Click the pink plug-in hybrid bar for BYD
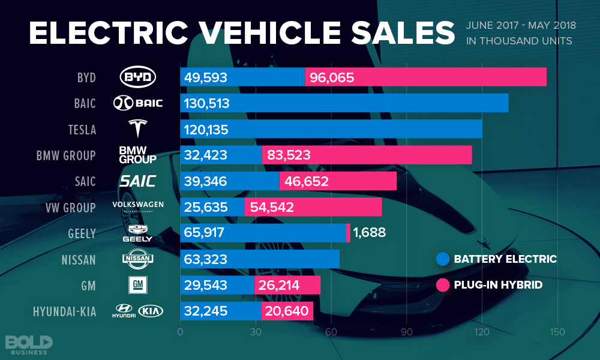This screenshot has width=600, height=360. click(425, 77)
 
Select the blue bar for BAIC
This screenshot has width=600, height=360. click(344, 103)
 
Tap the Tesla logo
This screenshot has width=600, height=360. click(138, 129)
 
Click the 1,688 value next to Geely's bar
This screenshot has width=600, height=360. click(369, 233)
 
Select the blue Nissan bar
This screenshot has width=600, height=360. click(259, 259)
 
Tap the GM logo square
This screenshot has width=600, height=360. click(138, 284)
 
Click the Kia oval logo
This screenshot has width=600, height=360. click(151, 311)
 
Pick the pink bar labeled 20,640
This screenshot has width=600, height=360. click(287, 311)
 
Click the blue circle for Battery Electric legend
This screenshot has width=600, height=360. click(443, 259)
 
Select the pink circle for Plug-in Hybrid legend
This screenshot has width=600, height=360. click(443, 285)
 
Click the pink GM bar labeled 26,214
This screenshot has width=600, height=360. click(287, 285)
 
